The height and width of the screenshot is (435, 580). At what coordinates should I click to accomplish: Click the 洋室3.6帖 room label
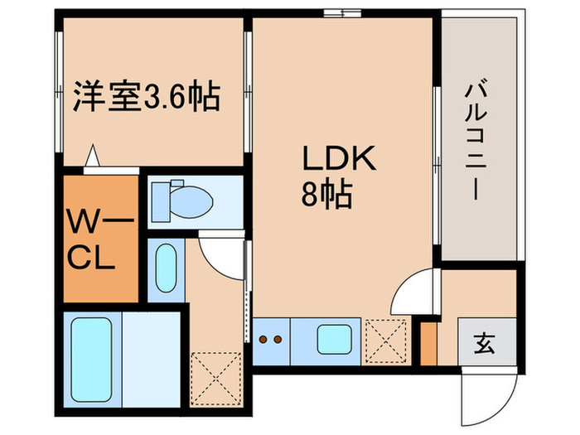[x=148, y=98]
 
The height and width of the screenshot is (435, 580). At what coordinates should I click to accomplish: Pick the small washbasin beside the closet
[x=166, y=268]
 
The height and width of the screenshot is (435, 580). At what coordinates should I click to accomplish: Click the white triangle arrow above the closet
[x=94, y=156]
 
